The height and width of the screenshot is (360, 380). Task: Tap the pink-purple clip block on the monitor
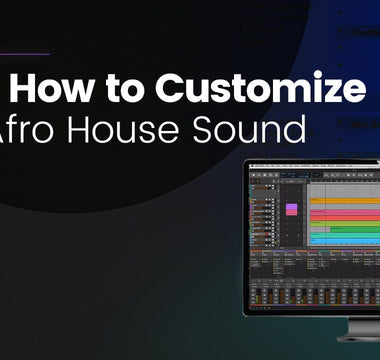point(292,210)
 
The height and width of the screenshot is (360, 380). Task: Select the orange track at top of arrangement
point(346,201)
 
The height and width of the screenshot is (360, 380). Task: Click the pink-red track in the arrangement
point(346,213)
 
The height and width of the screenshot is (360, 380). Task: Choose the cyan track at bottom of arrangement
point(346,240)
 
